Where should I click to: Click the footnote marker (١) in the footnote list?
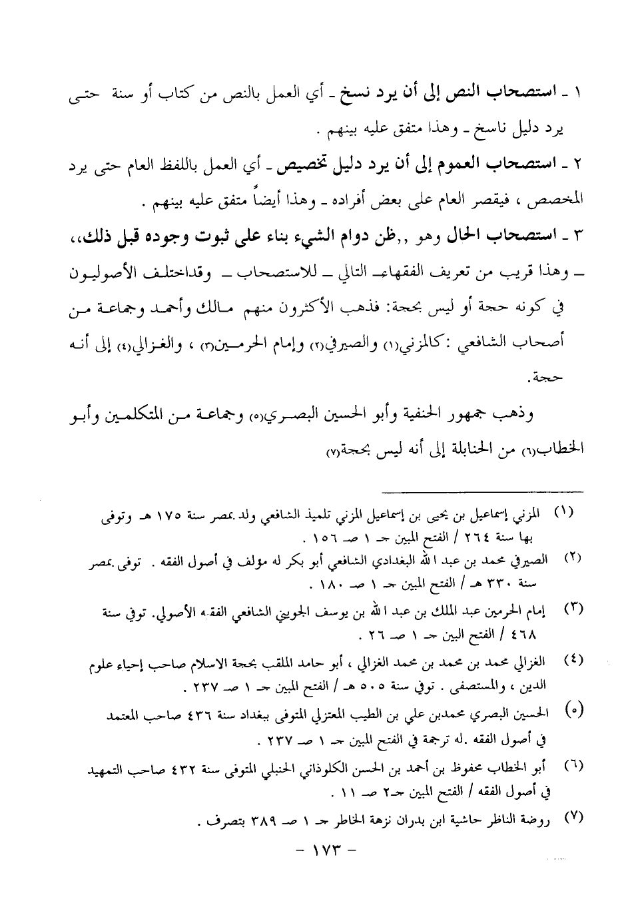[x=564, y=513]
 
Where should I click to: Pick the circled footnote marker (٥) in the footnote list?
[x=571, y=709]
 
